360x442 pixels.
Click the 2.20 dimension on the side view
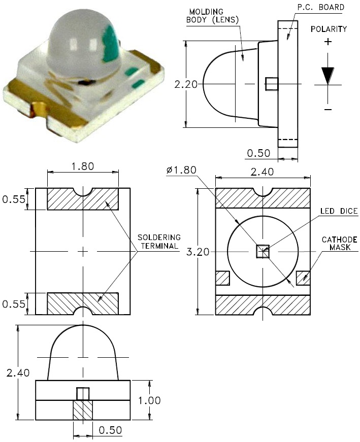coord(186,84)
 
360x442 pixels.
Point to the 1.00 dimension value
coord(149,400)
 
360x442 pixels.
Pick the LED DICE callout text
coord(339,211)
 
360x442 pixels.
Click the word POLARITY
coord(329,29)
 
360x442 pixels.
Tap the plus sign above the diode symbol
coord(328,42)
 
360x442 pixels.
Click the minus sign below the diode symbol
coord(328,109)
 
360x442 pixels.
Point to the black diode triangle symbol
coord(328,76)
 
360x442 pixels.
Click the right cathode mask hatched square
coord(303,278)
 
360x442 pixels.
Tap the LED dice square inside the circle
coord(263,251)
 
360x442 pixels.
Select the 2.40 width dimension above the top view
coord(263,172)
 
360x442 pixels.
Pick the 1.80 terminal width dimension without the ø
coord(82,166)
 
